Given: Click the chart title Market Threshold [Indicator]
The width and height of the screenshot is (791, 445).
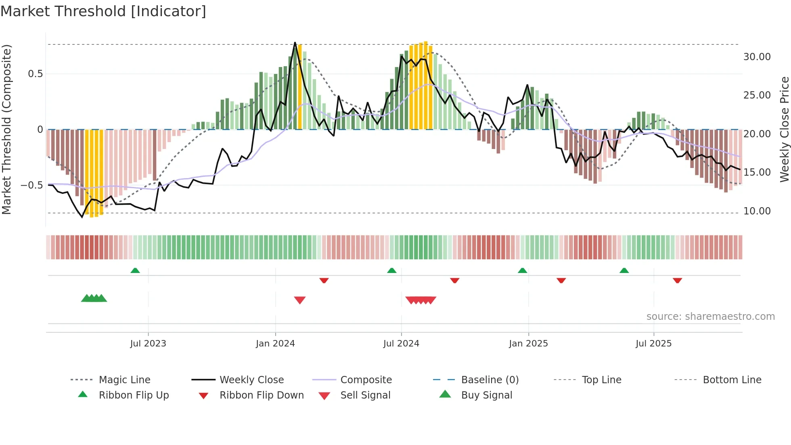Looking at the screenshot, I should (x=103, y=11).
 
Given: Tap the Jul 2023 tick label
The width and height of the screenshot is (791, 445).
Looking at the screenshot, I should (x=148, y=344).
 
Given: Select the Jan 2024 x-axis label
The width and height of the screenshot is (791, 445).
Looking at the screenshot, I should (x=275, y=344).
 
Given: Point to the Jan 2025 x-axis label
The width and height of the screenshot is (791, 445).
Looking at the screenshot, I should (x=528, y=344).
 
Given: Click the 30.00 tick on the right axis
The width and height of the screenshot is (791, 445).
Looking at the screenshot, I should (x=757, y=57).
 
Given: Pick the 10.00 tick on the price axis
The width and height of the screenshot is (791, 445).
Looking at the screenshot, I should (x=757, y=211).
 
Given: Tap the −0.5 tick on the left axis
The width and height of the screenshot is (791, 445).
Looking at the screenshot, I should (x=32, y=185).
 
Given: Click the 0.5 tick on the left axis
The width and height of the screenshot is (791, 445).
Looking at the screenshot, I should (x=35, y=74).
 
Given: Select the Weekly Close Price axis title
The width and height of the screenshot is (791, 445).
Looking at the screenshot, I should (x=784, y=129).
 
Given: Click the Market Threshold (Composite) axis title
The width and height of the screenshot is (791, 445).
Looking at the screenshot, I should (x=7, y=129).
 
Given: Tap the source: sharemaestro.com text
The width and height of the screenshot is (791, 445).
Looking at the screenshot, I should (x=710, y=317).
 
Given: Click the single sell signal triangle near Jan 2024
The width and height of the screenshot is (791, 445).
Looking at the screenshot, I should (x=300, y=300).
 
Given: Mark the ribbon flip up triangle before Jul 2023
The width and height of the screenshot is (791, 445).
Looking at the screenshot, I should (x=135, y=271).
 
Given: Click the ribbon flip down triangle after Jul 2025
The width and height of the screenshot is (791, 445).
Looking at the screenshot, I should (x=677, y=280).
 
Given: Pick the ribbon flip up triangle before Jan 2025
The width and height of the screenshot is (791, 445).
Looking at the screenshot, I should (x=522, y=271).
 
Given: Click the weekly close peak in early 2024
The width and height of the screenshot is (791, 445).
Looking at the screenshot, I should (x=295, y=43).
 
